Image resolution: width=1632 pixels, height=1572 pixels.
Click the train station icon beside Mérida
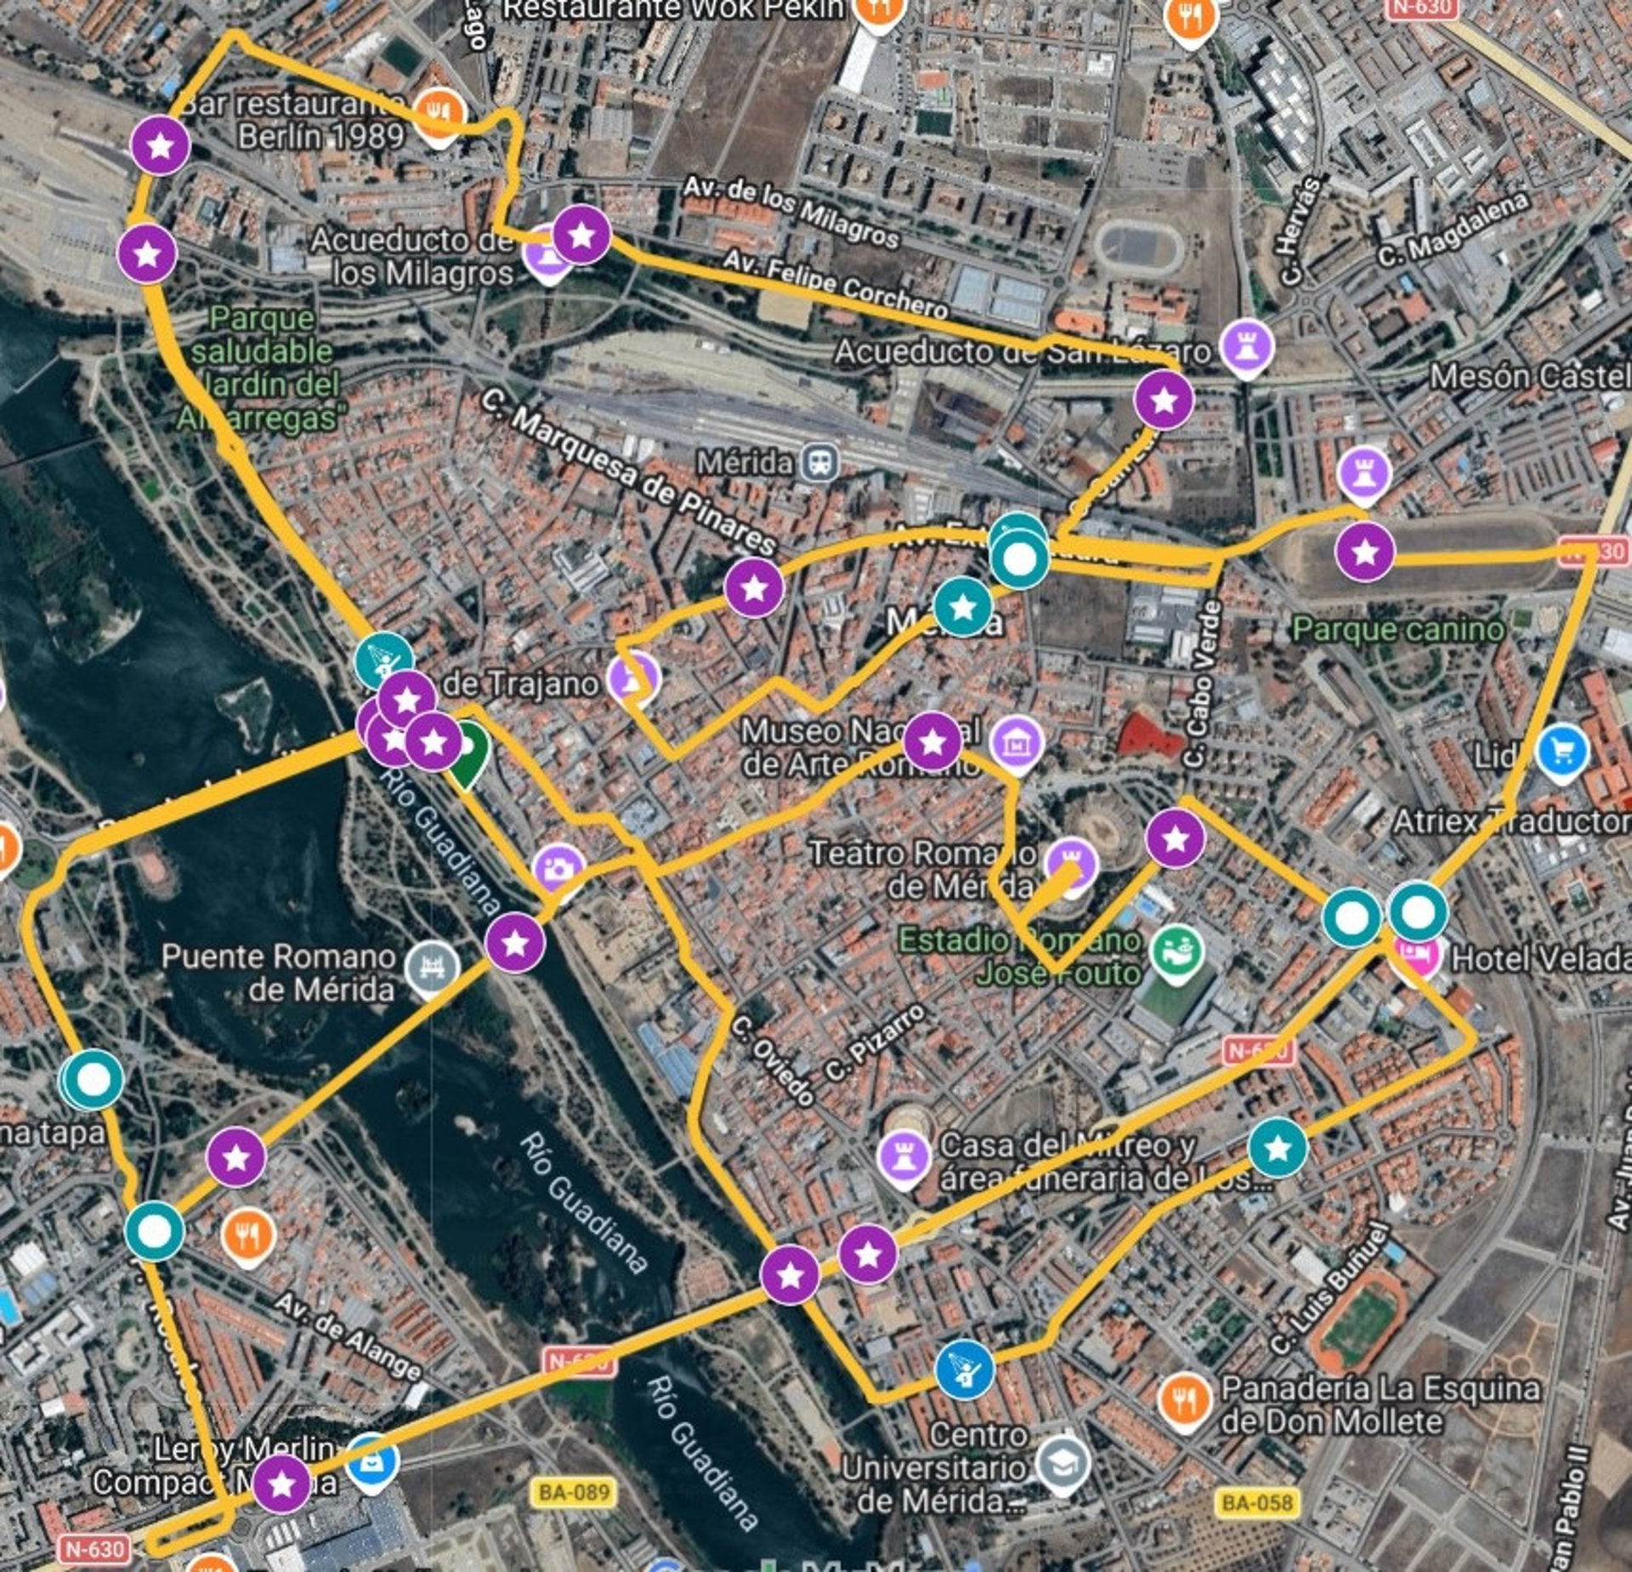(x=821, y=463)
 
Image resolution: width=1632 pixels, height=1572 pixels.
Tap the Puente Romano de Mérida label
(x=278, y=973)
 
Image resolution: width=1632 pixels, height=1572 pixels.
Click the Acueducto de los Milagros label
(x=411, y=256)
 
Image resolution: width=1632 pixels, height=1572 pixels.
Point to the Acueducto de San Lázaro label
(x=1021, y=351)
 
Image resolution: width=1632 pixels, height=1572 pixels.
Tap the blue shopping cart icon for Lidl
(x=1561, y=751)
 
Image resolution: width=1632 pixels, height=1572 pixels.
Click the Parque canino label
(x=1397, y=629)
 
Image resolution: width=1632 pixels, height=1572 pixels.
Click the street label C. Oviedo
(x=772, y=1060)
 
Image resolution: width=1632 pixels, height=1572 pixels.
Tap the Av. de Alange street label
(x=348, y=1336)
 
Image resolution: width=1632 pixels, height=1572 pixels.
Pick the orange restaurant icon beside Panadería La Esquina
(x=1184, y=1399)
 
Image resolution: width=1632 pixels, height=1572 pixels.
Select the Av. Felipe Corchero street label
(x=836, y=284)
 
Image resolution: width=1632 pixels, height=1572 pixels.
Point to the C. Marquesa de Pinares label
(x=629, y=472)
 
